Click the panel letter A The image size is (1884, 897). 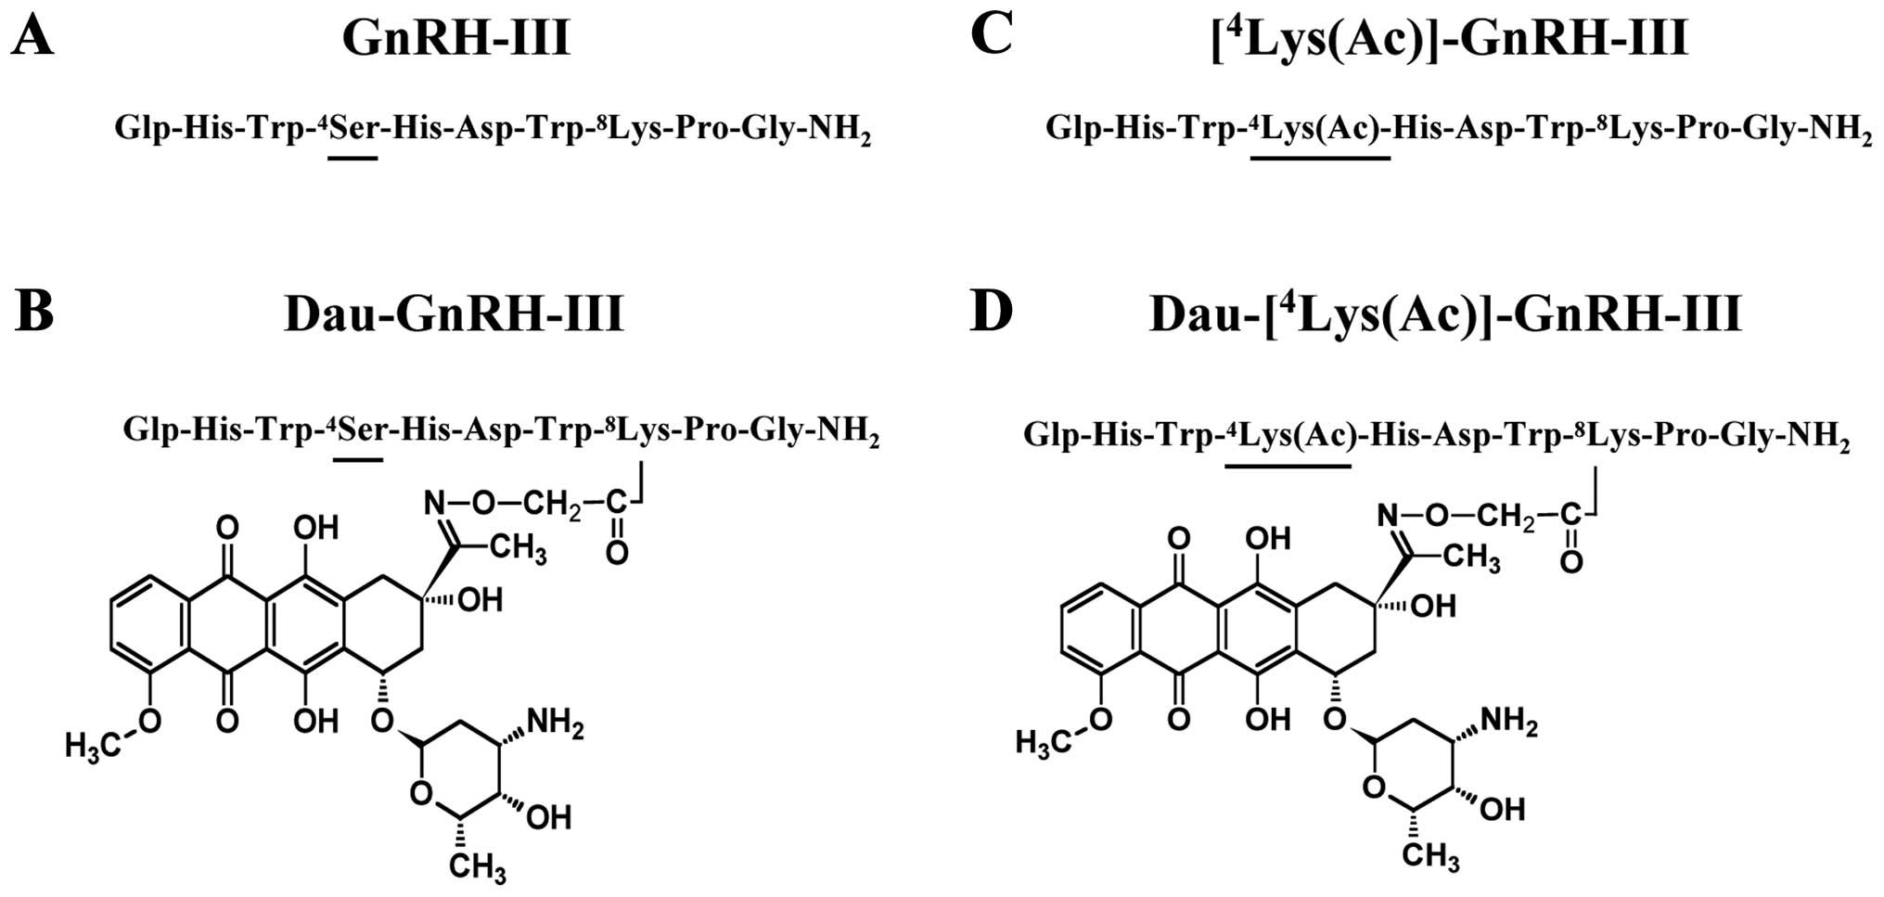tap(32, 39)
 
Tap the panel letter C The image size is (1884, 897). tap(991, 37)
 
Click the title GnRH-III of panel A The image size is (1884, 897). tap(455, 39)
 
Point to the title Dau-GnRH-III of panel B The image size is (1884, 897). tap(454, 314)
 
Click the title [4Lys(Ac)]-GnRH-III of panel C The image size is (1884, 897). tap(1449, 39)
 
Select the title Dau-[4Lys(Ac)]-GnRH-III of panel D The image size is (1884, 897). tap(1445, 314)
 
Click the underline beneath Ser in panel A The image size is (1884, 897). tap(352, 159)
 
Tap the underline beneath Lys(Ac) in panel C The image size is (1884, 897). tap(1319, 159)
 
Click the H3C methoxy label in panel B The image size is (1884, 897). tap(93, 744)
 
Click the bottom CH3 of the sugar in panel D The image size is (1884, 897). tap(1429, 855)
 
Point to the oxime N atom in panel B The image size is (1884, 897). tap(434, 504)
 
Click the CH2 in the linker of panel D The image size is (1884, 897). tap(1506, 517)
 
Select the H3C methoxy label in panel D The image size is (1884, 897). tap(1044, 741)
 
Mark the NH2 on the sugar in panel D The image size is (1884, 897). tap(1508, 721)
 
